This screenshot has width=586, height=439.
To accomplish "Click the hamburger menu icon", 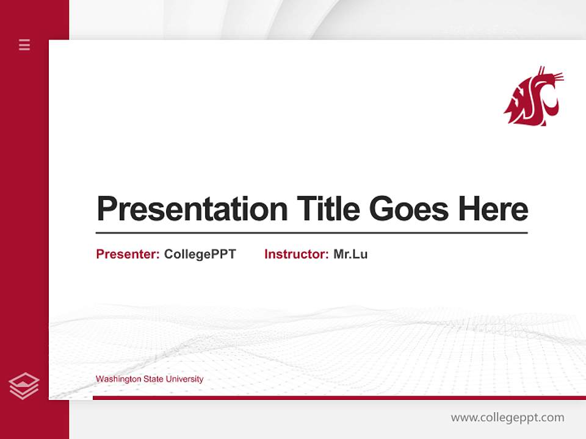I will point(24,45).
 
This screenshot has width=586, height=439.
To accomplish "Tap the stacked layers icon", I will point(24,386).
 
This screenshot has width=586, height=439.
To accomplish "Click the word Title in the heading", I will point(328,209).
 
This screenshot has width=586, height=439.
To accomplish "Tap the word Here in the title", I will point(493,209).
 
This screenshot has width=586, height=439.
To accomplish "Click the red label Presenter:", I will point(128,254).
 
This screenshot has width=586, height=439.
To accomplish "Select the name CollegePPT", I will point(200,254).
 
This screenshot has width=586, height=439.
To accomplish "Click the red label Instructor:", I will point(296,254).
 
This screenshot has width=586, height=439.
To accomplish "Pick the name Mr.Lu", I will point(350,254).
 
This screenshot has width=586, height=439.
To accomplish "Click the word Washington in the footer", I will point(118,379).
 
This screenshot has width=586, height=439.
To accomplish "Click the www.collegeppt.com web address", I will point(507,418).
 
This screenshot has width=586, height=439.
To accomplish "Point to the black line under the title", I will point(311,232).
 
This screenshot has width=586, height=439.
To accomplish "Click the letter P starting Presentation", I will point(106,209).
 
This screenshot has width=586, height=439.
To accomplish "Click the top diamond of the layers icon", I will point(24,380).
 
